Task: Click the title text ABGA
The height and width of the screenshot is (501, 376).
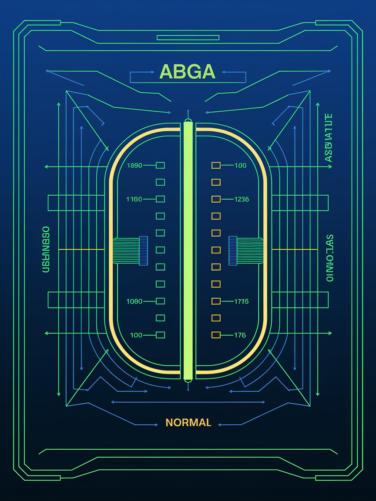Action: (x=188, y=71)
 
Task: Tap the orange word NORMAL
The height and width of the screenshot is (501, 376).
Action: (x=188, y=422)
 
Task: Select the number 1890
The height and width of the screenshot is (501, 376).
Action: (x=134, y=165)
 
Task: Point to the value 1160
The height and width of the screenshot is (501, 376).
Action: (x=134, y=199)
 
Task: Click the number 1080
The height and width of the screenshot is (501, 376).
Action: (x=134, y=301)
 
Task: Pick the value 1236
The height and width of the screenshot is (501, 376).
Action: (x=242, y=199)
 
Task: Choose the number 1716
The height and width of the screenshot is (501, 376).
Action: (x=241, y=301)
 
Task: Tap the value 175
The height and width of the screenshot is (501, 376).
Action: (x=240, y=335)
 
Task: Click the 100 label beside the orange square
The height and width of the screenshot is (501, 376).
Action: (x=240, y=165)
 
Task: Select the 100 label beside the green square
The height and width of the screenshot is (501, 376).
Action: (x=136, y=335)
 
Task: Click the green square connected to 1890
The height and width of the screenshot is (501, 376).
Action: (x=160, y=165)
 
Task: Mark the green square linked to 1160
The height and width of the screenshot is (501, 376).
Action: (x=160, y=199)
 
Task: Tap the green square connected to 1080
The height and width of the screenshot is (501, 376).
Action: (x=160, y=301)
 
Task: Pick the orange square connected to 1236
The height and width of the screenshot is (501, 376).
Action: (x=216, y=199)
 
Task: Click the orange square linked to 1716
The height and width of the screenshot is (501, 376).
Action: (x=216, y=301)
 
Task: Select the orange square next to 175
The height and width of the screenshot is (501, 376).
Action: (x=216, y=335)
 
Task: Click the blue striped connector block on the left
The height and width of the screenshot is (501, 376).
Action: (x=143, y=250)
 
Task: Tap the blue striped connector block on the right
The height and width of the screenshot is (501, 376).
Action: (x=233, y=250)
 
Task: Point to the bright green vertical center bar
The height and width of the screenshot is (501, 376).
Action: (x=188, y=250)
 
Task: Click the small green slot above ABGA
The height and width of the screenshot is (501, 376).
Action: (x=188, y=38)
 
